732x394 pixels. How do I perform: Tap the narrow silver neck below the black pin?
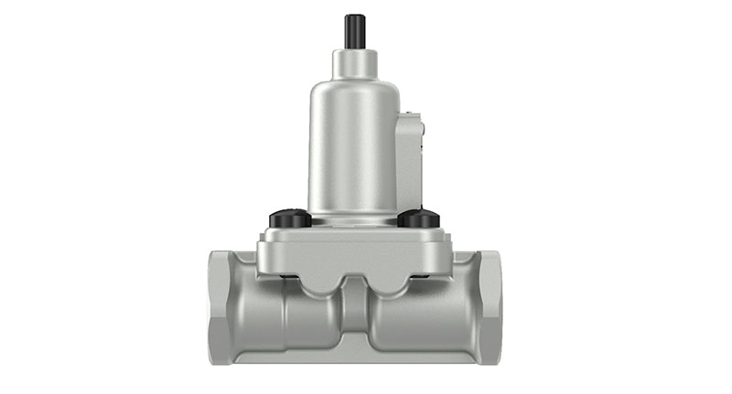click(354, 63)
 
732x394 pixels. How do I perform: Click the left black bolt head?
click(290, 218)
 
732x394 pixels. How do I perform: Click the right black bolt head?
click(418, 218)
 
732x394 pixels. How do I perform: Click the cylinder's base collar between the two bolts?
click(354, 219)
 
